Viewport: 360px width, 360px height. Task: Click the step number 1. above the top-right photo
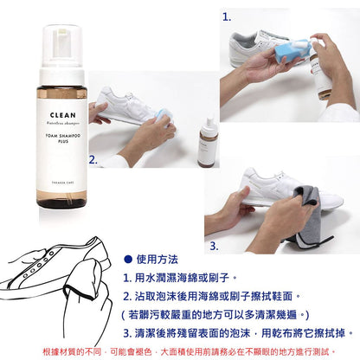(x=227, y=16)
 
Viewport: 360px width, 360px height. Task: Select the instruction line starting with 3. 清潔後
(x=234, y=333)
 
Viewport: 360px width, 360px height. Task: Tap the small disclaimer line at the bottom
(x=180, y=352)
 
